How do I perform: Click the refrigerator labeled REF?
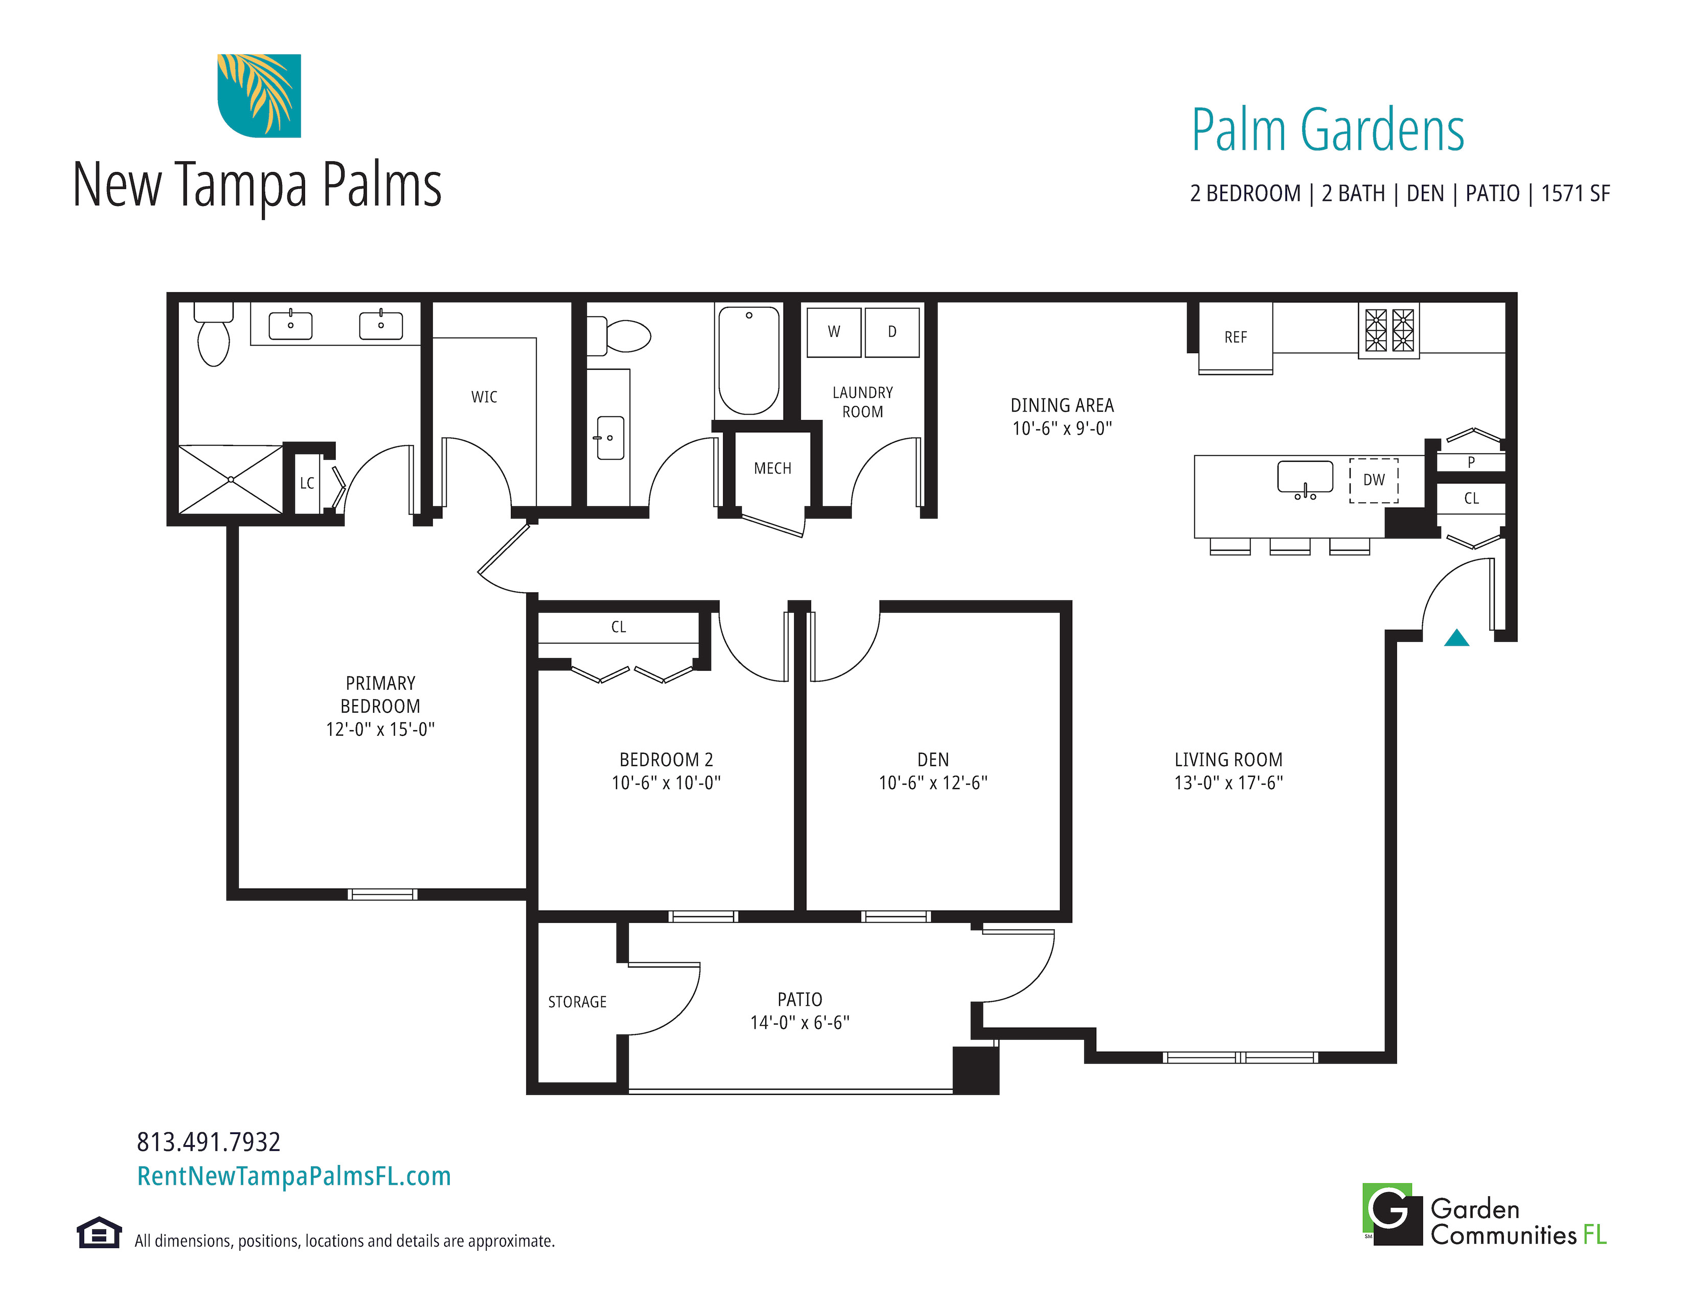click(x=1235, y=338)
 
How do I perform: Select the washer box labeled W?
click(x=833, y=332)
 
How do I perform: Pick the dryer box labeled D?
click(x=892, y=332)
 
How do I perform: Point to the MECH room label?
click(x=772, y=468)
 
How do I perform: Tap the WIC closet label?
click(x=484, y=397)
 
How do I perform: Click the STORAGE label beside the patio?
click(x=577, y=1002)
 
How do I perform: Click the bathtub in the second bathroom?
click(x=748, y=361)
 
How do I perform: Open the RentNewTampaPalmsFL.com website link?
click(x=293, y=1176)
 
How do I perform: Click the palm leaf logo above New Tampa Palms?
click(x=259, y=96)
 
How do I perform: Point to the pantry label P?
click(x=1471, y=462)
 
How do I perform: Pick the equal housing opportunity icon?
click(x=99, y=1233)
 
